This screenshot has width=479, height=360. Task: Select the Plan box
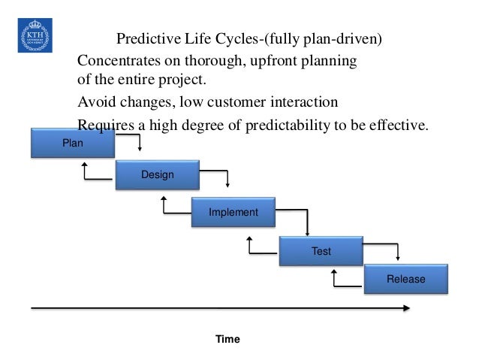point(73,143)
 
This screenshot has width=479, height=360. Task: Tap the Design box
point(157,175)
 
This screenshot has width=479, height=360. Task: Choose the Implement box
point(233,213)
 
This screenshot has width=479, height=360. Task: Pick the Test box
point(321,251)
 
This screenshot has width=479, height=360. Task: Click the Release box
point(405,279)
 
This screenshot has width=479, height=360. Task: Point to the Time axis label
point(227,340)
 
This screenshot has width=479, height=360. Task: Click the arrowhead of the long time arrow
point(406,308)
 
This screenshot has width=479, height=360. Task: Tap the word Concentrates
point(119,60)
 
